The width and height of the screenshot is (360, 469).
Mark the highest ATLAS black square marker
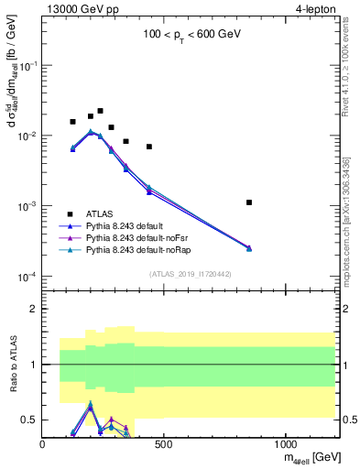[100, 111]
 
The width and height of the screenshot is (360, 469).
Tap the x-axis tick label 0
[42, 445]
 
